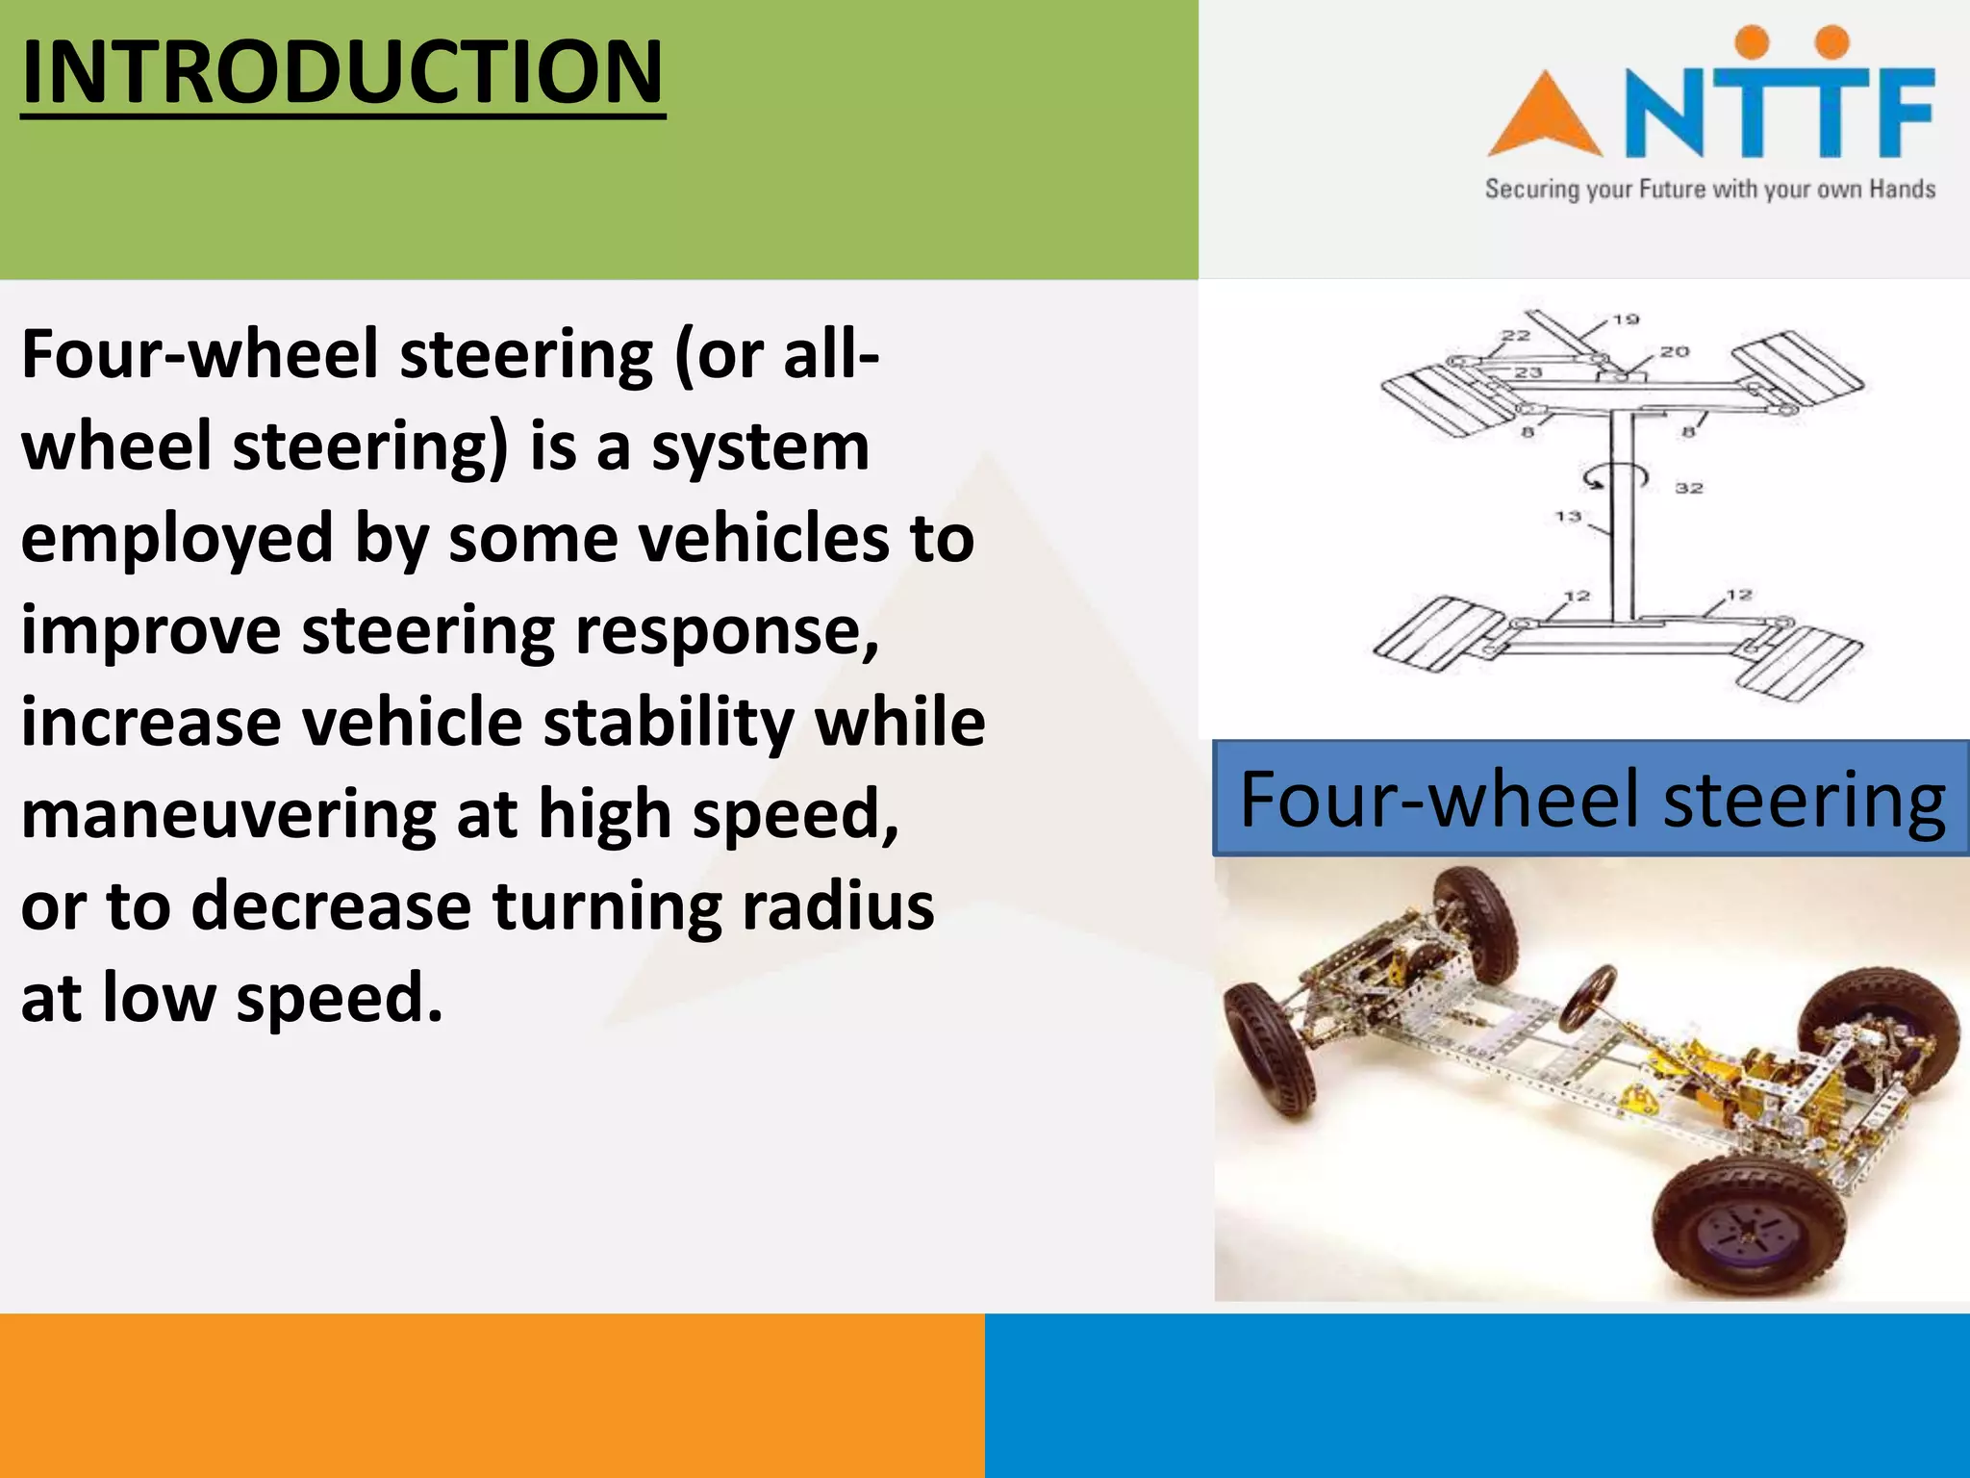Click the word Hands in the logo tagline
tap(1902, 190)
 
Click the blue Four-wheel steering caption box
tap(1591, 799)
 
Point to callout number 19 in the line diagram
tap(1626, 319)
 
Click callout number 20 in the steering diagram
tap(1674, 352)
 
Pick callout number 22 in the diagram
tap(1516, 335)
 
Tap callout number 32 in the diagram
tap(1689, 489)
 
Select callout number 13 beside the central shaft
tap(1568, 517)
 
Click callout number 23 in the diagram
tap(1528, 372)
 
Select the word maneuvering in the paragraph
tap(228, 814)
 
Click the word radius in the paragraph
tap(838, 906)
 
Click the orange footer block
tap(492, 1395)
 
